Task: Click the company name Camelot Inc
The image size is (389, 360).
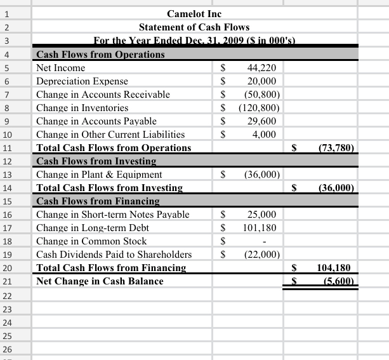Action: (x=194, y=13)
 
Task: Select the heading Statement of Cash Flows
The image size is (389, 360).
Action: (x=194, y=27)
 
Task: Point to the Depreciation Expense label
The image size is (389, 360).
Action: (x=82, y=81)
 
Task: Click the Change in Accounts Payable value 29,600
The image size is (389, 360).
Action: (x=261, y=121)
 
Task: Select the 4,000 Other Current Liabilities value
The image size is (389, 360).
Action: (x=263, y=134)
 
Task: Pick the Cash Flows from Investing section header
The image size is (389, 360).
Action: (x=96, y=161)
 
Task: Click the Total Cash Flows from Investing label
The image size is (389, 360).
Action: (x=109, y=187)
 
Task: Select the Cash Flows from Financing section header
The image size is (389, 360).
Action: (x=98, y=201)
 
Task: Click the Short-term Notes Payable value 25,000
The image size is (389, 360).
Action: (x=261, y=215)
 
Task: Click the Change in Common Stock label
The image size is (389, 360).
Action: (x=91, y=241)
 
